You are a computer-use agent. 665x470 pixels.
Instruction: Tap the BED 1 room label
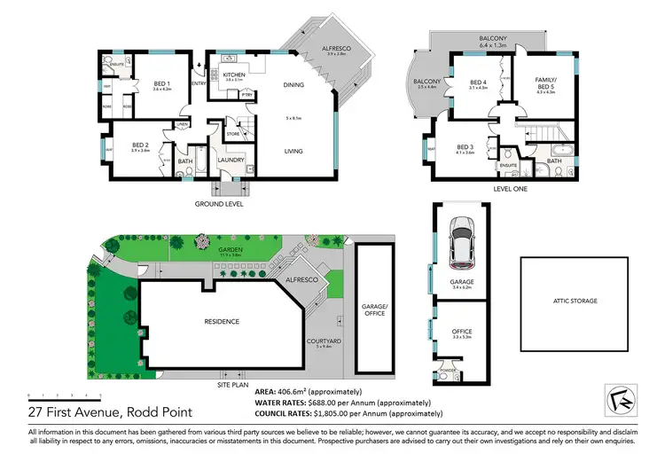click(x=161, y=83)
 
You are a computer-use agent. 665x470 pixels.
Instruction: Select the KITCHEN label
click(x=234, y=74)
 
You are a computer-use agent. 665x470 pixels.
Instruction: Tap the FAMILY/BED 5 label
click(x=544, y=82)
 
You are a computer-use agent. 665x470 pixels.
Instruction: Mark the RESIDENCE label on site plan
click(x=223, y=321)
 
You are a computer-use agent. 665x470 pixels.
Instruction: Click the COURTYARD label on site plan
click(x=326, y=341)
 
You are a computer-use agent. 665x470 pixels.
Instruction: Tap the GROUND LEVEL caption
click(x=219, y=203)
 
